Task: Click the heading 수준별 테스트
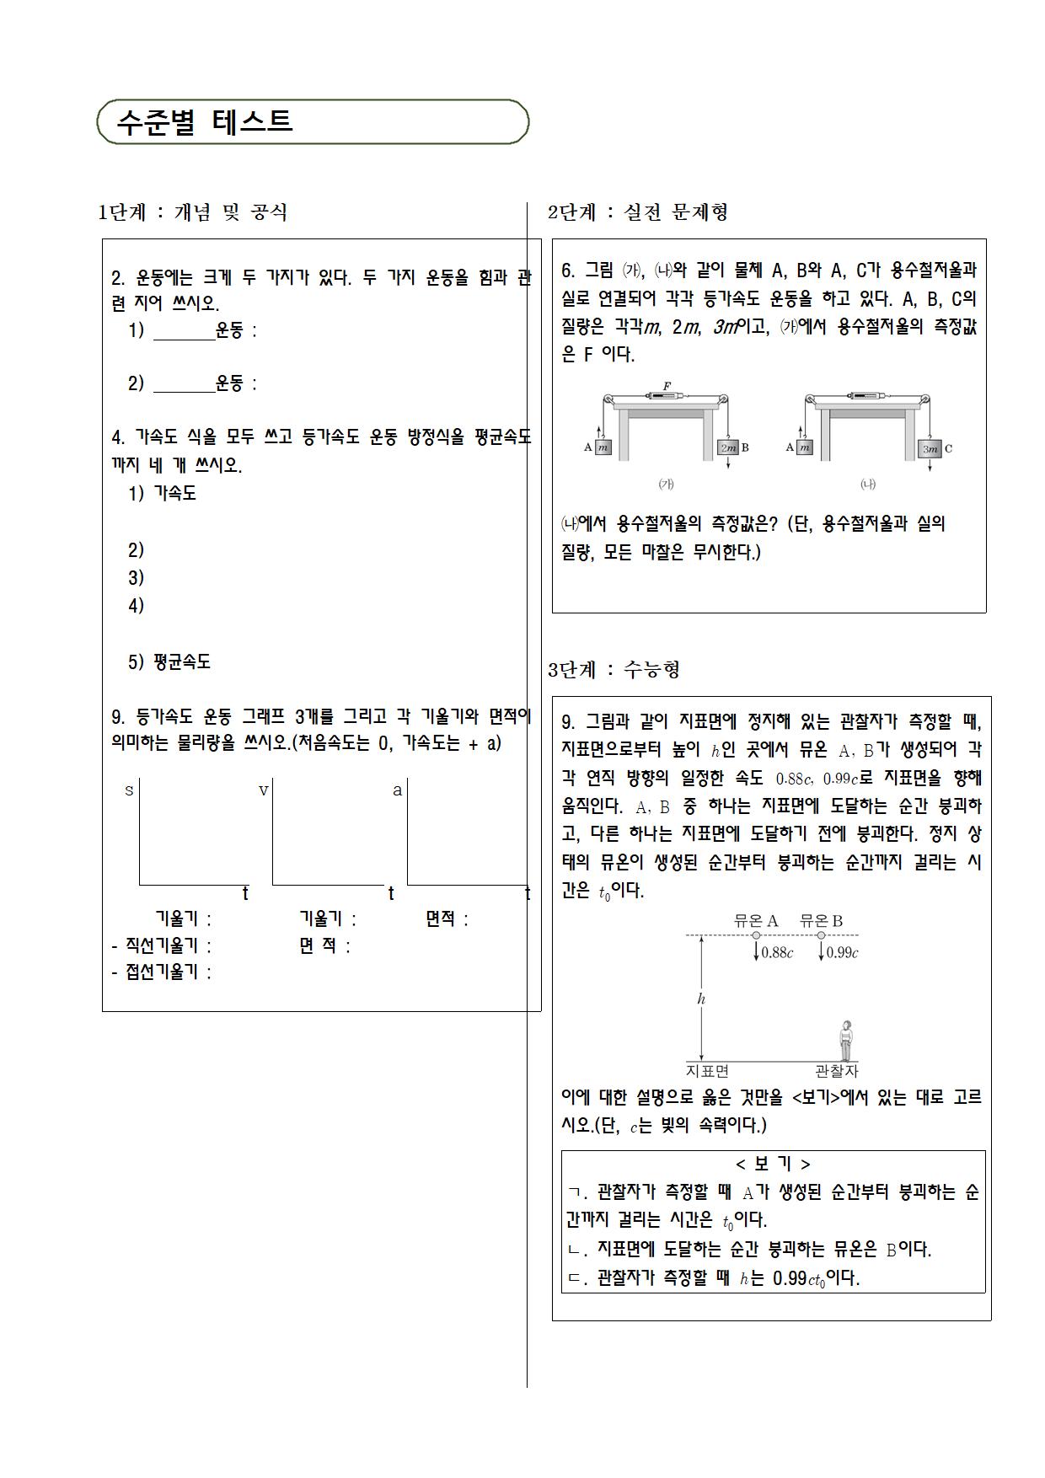(x=205, y=122)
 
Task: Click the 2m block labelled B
(x=726, y=448)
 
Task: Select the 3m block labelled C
(x=930, y=448)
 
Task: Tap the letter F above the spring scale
(x=667, y=386)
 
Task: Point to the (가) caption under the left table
(x=666, y=484)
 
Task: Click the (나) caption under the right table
(x=868, y=484)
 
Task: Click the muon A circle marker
(x=756, y=935)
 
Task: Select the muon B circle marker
(x=821, y=935)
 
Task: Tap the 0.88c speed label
(x=776, y=953)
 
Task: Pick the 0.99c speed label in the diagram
(x=842, y=953)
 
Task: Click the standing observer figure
(x=845, y=1042)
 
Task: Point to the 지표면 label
(x=708, y=1071)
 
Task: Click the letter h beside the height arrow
(x=701, y=999)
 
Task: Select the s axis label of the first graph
(x=129, y=790)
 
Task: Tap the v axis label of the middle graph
(x=263, y=790)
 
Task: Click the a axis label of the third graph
(x=398, y=790)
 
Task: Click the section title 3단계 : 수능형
(x=614, y=670)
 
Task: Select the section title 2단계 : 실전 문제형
(x=638, y=212)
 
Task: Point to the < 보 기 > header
(x=773, y=1164)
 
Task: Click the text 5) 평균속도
(x=169, y=662)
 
